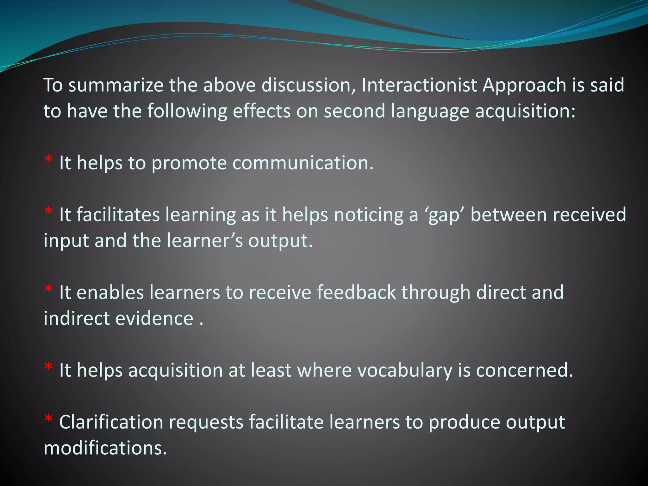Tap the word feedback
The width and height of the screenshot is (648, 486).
point(356,292)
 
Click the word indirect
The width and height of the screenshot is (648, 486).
point(76,318)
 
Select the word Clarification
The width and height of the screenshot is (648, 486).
point(111,422)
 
